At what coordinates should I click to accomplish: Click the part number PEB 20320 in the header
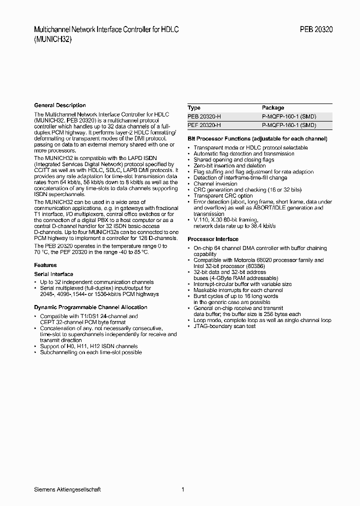tap(316, 29)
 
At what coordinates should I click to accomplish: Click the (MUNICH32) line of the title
tap(53, 39)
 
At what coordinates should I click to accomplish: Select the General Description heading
tap(60, 105)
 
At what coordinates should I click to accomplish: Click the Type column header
tap(194, 107)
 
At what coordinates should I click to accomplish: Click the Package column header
tap(273, 107)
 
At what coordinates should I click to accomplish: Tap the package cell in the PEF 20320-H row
tap(289, 125)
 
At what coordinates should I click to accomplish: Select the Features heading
tap(45, 265)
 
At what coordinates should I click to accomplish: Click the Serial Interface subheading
tap(53, 274)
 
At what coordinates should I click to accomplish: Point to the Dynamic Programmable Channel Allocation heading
tap(90, 307)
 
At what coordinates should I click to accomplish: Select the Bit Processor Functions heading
tap(257, 138)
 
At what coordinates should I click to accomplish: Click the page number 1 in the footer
tap(183, 489)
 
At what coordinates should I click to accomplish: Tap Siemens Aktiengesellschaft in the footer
tap(67, 489)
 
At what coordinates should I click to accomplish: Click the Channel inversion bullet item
tap(215, 184)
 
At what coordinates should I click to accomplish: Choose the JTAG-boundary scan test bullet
tap(224, 326)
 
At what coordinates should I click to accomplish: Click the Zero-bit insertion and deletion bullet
tap(229, 166)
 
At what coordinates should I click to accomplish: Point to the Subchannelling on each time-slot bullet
tap(90, 352)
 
